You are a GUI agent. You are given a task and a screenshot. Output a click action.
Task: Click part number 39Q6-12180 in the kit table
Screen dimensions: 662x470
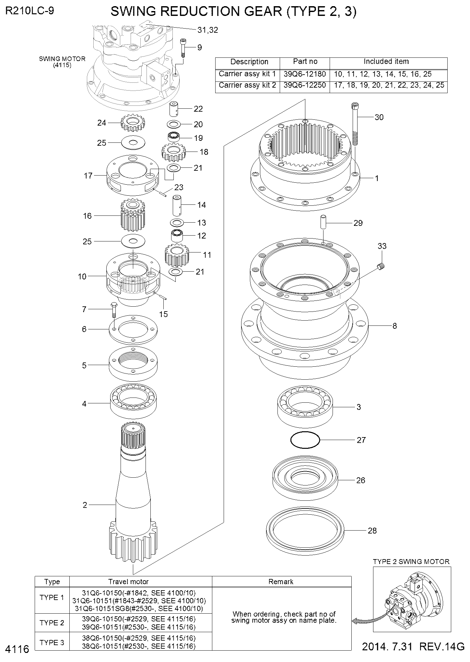click(x=304, y=74)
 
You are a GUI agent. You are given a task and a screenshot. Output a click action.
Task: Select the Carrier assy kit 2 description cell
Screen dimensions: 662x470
click(x=247, y=85)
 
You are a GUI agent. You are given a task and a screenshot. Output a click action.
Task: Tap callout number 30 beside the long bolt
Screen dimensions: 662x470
click(x=379, y=117)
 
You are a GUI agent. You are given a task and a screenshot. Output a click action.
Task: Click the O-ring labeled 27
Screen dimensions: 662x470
click(x=305, y=440)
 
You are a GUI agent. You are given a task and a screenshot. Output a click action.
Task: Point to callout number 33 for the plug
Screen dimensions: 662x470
click(x=382, y=246)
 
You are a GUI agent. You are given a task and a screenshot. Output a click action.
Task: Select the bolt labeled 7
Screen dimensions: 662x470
click(x=113, y=310)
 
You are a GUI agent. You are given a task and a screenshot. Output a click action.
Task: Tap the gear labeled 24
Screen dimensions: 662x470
click(x=132, y=123)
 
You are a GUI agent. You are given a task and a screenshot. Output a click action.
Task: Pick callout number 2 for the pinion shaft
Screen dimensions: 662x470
click(x=85, y=505)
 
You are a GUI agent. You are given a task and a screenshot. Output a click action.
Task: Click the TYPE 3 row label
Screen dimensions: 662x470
click(x=52, y=643)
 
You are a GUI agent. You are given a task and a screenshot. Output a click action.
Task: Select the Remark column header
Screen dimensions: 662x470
click(x=281, y=582)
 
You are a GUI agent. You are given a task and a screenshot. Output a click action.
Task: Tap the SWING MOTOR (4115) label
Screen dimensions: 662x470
click(x=62, y=62)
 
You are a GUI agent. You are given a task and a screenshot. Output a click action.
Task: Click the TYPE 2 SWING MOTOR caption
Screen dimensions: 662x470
click(x=411, y=562)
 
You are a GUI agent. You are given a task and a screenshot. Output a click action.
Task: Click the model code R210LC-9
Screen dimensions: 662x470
click(x=29, y=11)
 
